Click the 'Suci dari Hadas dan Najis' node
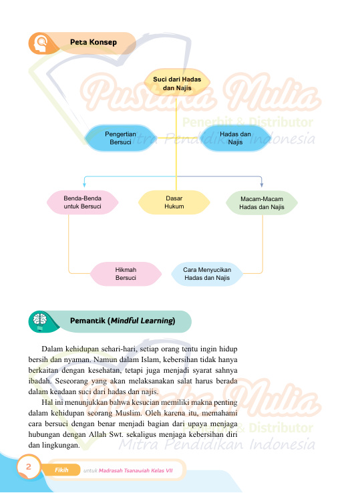pyautogui.click(x=177, y=83)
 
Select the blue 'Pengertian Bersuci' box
pyautogui.click(x=121, y=138)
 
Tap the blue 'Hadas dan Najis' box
pyautogui.click(x=235, y=138)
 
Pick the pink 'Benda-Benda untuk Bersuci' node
pyautogui.click(x=82, y=202)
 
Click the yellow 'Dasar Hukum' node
pyautogui.click(x=174, y=202)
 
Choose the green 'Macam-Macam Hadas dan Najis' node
pyautogui.click(x=262, y=203)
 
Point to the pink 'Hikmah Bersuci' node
pyautogui.click(x=126, y=274)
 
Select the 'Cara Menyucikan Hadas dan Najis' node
pyautogui.click(x=207, y=274)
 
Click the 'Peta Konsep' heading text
pyautogui.click(x=94, y=42)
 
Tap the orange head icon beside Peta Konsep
pyautogui.click(x=41, y=43)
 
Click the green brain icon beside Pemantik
pyautogui.click(x=40, y=321)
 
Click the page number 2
pyautogui.click(x=29, y=466)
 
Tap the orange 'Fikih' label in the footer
pyautogui.click(x=61, y=470)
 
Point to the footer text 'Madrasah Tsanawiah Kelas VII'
pyautogui.click(x=136, y=471)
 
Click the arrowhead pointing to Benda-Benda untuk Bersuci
pyautogui.click(x=84, y=185)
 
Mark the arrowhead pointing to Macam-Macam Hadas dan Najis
pyautogui.click(x=262, y=185)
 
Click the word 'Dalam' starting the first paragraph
pyautogui.click(x=52, y=349)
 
